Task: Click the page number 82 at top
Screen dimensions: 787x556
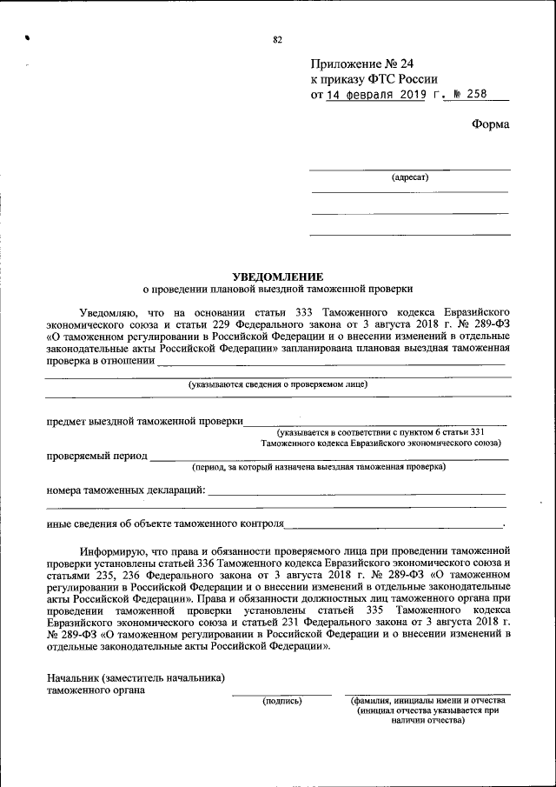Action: coord(278,40)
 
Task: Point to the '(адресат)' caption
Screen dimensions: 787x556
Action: coord(409,177)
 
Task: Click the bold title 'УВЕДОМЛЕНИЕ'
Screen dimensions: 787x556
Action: coord(278,275)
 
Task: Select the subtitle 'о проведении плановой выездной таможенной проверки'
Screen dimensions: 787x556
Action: coord(278,288)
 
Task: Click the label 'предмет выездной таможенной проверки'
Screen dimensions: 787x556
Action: coord(144,422)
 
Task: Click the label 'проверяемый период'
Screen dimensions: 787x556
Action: coord(96,455)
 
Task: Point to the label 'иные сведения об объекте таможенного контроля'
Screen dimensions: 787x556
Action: coord(165,524)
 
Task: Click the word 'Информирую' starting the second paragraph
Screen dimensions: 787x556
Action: coord(109,551)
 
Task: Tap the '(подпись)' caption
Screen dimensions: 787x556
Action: coord(281,700)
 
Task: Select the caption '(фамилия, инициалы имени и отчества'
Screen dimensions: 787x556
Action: coord(427,700)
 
